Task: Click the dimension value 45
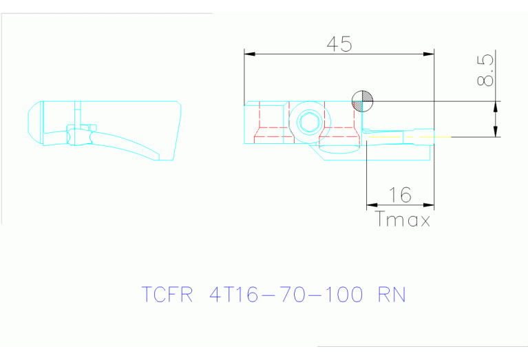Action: click(339, 44)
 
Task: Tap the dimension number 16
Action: click(400, 195)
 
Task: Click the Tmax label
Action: click(403, 220)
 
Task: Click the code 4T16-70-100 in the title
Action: click(286, 295)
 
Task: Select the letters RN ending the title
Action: click(392, 295)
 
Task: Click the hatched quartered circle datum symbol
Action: click(361, 101)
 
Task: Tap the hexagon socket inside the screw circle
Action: click(307, 124)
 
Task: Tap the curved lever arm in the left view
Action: click(131, 143)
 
